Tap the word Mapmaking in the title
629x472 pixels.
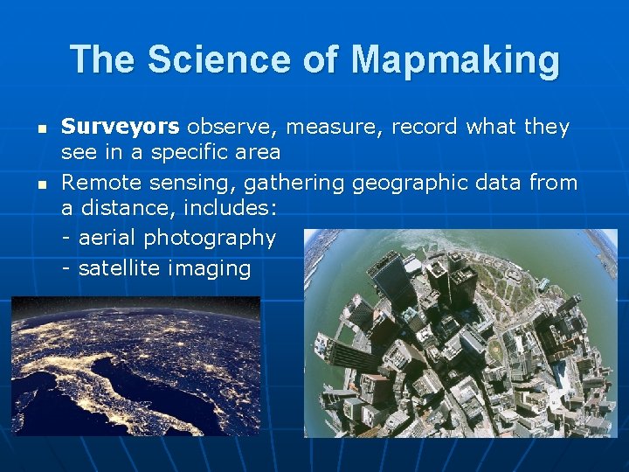pyautogui.click(x=455, y=59)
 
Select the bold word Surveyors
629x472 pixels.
pyautogui.click(x=120, y=127)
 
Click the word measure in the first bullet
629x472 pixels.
pyautogui.click(x=335, y=127)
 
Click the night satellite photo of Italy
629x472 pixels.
pyautogui.click(x=135, y=365)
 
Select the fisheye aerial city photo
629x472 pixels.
pyautogui.click(x=460, y=333)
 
